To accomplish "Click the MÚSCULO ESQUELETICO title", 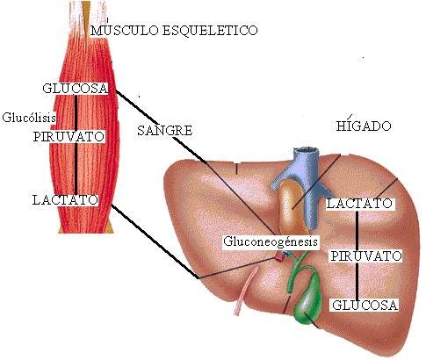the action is (174, 30).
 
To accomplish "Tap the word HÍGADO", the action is (363, 126).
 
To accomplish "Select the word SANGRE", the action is (165, 130).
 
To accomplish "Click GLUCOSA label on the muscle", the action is (76, 88).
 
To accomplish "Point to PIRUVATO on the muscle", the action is (69, 137).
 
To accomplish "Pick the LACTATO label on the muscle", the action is (65, 200).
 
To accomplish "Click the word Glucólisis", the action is (29, 118).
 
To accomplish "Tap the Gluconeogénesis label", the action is (271, 241).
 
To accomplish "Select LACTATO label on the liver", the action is (359, 204).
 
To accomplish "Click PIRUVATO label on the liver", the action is (366, 256).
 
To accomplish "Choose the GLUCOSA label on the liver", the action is (365, 306).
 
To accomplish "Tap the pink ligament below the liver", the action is (245, 292).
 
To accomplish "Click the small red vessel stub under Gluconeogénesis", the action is (280, 256).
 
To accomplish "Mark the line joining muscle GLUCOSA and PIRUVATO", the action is (76, 112).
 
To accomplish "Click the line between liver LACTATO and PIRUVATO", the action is (357, 230).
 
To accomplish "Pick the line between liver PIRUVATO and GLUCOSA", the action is (357, 281).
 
